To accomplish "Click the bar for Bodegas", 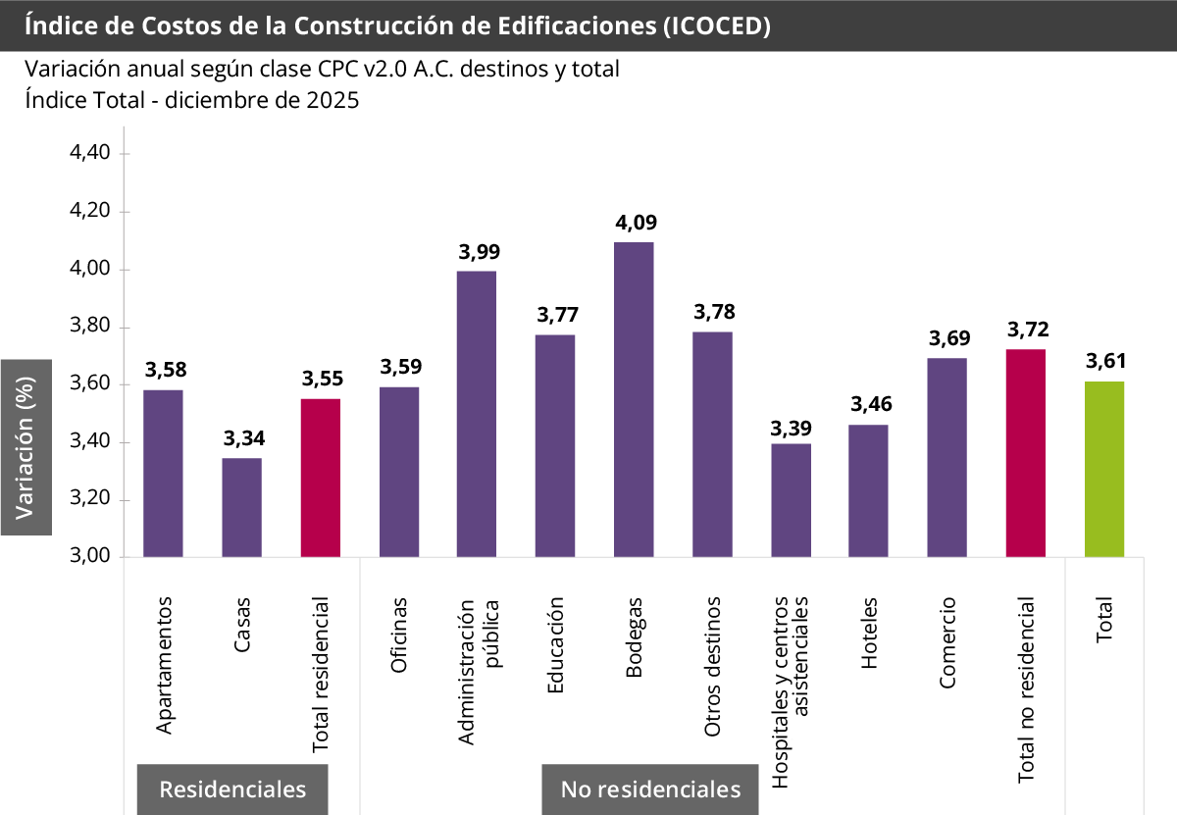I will pos(634,399).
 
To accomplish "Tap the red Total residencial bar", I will pos(321,478).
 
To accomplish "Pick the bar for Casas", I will pos(241,507).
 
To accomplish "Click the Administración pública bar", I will pos(477,414).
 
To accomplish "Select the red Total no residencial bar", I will pos(1026,453).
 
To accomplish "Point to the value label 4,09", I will pos(636,223).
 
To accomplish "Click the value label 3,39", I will pos(791,429).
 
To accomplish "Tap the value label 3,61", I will pos(1105,362).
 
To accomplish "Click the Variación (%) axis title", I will pos(26,447).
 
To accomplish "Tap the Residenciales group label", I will pos(232,790).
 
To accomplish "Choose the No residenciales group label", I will pos(650,790).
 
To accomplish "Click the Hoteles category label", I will pos(869,634).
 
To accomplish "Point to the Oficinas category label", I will pos(399,636).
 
